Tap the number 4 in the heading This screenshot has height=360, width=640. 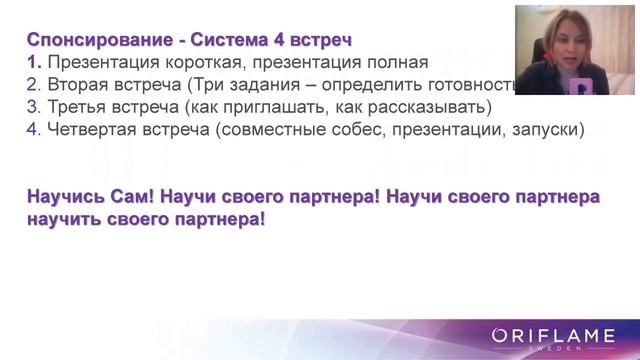pos(289,41)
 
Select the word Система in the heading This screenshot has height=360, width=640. pos(239,41)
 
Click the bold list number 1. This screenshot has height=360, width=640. pos(33,62)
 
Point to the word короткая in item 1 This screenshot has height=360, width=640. pos(207,62)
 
